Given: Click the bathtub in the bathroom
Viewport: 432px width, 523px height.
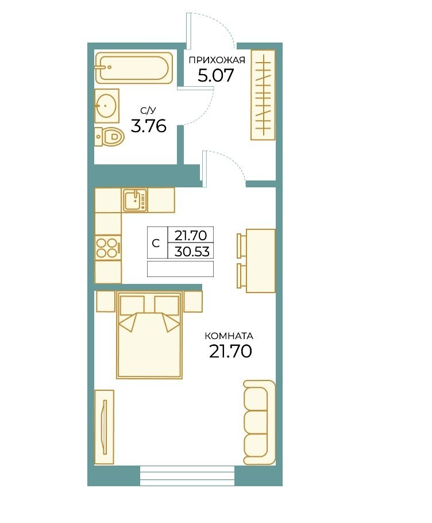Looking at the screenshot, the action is [134, 68].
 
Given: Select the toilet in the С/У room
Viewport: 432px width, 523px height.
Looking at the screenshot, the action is [109, 137].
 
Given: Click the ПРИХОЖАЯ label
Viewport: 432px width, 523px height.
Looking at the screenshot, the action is [217, 60].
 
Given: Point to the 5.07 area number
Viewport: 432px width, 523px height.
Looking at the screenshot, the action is [215, 76].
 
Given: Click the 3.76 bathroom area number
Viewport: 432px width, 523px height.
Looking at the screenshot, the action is [149, 126].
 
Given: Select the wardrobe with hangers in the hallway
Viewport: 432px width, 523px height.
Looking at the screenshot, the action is [263, 95].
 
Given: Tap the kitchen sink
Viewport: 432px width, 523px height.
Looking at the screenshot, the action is [135, 200].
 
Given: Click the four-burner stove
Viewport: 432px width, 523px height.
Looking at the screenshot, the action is [108, 248].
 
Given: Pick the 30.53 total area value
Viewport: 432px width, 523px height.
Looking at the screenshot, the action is [192, 251].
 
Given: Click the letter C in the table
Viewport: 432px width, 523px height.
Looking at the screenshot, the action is [156, 244].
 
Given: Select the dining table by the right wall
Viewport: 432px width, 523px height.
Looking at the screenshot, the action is [261, 260].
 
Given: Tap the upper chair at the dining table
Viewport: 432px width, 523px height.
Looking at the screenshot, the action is [241, 245].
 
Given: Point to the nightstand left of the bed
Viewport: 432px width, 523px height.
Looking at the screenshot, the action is [105, 302].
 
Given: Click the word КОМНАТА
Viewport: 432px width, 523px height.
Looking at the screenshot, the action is [229, 336].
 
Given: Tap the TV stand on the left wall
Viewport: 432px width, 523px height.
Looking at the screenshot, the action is [105, 427].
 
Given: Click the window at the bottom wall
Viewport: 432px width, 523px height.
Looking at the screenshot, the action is [187, 476].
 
